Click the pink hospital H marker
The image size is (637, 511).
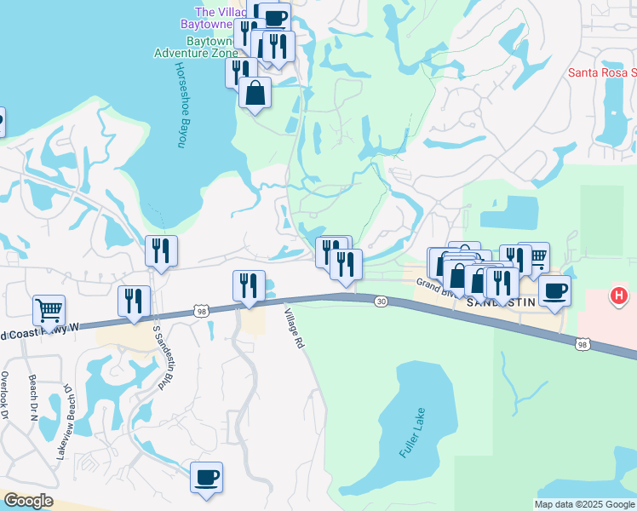click(620, 296)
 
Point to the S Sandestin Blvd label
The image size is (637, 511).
click(158, 357)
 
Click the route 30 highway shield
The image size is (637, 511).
click(380, 301)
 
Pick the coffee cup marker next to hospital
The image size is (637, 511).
click(554, 291)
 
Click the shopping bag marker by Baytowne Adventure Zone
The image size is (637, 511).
click(255, 93)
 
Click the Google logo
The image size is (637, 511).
click(28, 501)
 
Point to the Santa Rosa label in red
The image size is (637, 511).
click(601, 72)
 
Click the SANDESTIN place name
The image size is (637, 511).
click(502, 303)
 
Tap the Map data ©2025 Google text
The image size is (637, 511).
click(584, 504)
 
